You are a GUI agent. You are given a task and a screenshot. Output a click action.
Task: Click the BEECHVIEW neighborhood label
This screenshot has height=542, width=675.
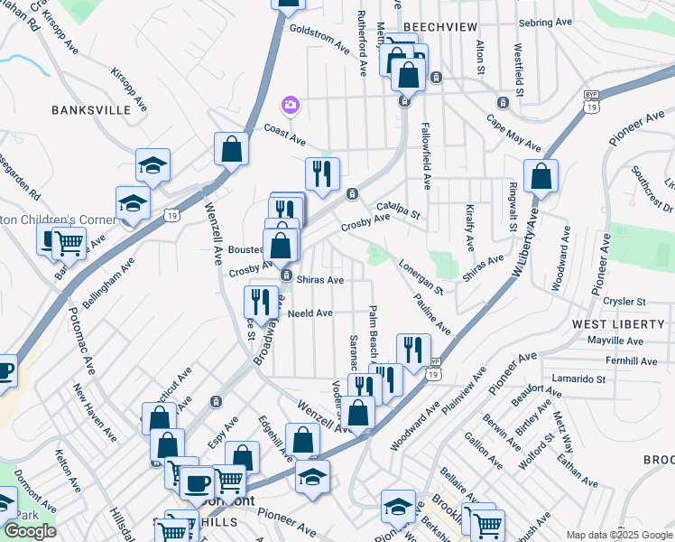click(x=439, y=27)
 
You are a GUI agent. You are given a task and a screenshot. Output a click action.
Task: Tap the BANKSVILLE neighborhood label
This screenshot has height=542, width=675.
click(x=91, y=110)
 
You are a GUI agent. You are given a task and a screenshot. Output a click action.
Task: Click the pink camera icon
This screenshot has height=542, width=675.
click(x=290, y=106)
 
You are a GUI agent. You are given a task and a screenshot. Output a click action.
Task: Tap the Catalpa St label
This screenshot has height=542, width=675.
click(x=400, y=210)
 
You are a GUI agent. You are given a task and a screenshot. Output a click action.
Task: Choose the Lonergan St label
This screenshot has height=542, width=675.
click(x=421, y=276)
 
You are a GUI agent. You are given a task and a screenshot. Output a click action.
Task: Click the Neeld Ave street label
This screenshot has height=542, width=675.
click(x=310, y=313)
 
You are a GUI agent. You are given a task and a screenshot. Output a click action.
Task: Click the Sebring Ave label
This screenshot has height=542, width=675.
click(x=546, y=22)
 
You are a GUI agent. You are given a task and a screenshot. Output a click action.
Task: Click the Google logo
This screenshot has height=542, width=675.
click(x=30, y=531)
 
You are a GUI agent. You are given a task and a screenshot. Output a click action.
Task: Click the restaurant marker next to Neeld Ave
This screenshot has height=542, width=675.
click(x=261, y=301)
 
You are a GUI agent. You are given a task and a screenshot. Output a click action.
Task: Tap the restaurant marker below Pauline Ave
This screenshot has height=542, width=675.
click(x=413, y=350)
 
